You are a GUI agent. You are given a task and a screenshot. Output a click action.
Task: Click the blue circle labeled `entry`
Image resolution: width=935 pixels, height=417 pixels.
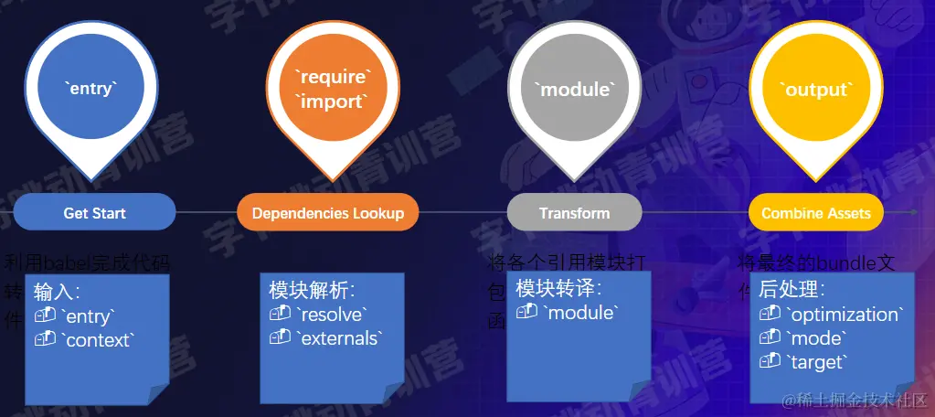point(90,90)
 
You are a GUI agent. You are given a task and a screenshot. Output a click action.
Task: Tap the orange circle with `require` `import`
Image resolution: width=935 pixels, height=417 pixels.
point(333,90)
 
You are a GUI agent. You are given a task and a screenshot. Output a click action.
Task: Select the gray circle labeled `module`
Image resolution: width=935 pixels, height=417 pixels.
point(574,90)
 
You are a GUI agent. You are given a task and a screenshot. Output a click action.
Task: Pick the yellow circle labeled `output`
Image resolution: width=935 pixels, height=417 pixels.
point(815,90)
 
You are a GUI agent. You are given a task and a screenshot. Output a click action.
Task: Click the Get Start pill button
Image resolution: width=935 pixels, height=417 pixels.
point(94,212)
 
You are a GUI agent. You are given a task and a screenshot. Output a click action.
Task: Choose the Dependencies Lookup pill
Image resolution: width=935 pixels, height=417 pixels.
point(327,212)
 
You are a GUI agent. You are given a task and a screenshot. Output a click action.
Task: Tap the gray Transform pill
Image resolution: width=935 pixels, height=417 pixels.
point(574,212)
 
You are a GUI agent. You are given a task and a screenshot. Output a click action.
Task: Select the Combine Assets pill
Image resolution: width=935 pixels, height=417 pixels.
point(815,212)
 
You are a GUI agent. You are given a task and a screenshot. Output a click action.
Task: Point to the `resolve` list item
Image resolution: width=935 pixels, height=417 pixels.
point(332,315)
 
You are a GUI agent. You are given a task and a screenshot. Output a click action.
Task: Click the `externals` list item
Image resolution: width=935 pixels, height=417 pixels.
point(338,338)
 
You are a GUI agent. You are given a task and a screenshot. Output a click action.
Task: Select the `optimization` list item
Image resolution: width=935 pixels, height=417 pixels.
point(845,315)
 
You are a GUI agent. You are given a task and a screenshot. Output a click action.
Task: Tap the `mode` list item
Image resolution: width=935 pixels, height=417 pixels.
point(816,338)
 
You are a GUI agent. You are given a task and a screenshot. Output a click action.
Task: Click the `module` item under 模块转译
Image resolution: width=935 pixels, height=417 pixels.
point(579,313)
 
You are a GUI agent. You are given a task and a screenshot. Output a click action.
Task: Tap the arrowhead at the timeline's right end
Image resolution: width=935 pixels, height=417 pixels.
point(913,211)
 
